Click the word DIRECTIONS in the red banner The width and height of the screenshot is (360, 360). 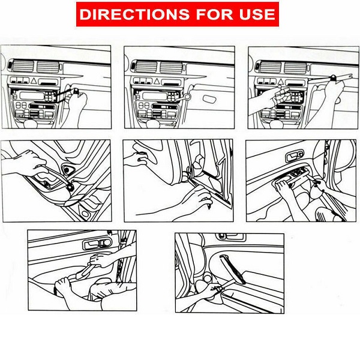134,14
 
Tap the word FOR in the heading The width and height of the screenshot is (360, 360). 214,14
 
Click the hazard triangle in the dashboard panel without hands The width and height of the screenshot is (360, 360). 157,81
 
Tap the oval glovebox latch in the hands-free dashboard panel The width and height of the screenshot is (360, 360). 209,99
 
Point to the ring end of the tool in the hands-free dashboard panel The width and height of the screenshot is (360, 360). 187,97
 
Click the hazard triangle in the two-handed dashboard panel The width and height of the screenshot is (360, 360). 280,82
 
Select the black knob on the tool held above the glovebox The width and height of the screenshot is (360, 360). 333,77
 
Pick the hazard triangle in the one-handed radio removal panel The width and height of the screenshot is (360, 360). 34,80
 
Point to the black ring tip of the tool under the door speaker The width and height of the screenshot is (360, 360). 70,187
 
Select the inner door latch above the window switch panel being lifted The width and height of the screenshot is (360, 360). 295,155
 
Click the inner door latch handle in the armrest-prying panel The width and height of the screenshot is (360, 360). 98,244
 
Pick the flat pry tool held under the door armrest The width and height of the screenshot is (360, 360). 85,271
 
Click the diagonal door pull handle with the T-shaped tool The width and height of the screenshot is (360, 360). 232,269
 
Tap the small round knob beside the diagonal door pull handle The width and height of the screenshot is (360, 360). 207,278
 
